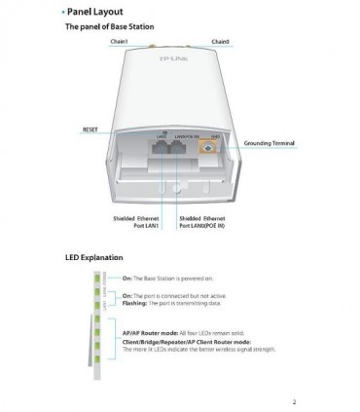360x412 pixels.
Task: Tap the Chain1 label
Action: coord(120,42)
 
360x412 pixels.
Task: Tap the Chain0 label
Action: coord(220,42)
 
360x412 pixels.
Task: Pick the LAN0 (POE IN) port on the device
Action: coord(181,150)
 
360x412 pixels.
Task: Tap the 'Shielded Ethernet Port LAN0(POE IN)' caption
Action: coord(203,224)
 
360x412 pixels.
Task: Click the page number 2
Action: coord(293,400)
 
